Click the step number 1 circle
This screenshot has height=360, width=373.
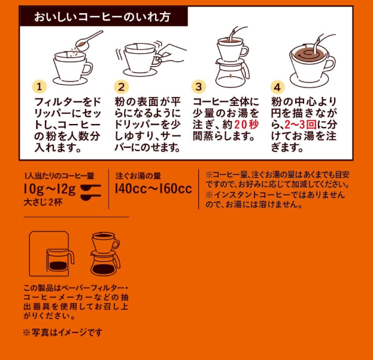(40, 86)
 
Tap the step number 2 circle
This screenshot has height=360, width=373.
(122, 87)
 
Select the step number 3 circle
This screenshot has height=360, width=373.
(199, 87)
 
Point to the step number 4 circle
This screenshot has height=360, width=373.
(278, 87)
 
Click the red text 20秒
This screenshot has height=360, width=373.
(247, 125)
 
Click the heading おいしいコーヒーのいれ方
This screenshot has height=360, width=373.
(102, 17)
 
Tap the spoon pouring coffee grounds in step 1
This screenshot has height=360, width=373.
(89, 41)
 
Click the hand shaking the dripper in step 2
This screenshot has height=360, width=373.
(172, 53)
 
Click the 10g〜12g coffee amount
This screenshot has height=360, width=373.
(50, 189)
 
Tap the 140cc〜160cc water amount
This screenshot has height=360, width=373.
(153, 189)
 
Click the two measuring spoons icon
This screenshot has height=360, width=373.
(91, 192)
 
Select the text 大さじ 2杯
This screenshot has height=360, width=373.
(43, 202)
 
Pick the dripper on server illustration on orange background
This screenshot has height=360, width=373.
(105, 253)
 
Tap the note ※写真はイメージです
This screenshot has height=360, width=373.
(63, 332)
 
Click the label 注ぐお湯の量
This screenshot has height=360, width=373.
(138, 176)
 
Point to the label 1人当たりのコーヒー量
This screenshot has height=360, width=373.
(59, 176)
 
